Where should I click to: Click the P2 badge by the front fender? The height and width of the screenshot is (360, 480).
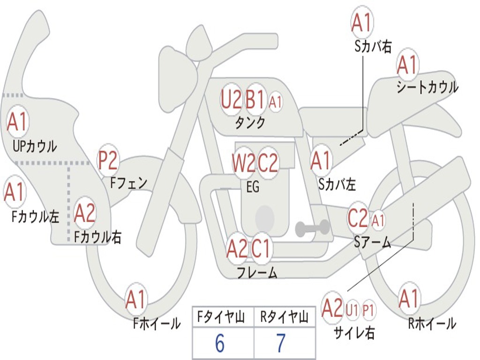pos(108,161)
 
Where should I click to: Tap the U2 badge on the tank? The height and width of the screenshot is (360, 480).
pos(231,99)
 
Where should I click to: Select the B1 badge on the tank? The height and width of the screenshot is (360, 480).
pos(255,99)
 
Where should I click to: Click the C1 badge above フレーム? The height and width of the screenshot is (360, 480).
pos(261,248)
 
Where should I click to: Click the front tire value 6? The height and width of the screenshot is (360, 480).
pos(219,344)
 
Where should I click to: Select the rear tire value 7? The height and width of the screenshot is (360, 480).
pos(280,344)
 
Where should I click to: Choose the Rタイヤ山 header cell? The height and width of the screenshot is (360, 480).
pos(284,318)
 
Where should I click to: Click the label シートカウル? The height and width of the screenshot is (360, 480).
pos(427,88)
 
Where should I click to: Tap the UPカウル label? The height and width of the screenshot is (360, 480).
pos(35,146)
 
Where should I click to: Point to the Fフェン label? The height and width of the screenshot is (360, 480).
pos(128,183)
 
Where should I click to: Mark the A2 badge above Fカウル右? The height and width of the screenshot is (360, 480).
pos(85,214)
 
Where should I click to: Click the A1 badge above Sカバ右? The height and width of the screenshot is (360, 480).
pos(361,22)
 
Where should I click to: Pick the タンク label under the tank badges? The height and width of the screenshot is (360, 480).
pos(250,123)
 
